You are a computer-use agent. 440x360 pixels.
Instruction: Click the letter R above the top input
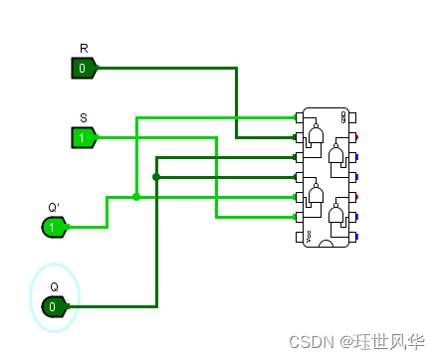[84, 49]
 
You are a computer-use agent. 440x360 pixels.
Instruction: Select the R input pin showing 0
[83, 68]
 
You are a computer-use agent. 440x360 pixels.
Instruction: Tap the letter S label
[84, 117]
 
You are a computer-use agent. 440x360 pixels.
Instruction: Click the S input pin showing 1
[83, 136]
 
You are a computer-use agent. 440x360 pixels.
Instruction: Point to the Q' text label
[54, 208]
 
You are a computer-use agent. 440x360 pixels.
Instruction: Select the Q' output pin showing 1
[54, 227]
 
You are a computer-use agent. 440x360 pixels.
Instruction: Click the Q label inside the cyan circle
[54, 286]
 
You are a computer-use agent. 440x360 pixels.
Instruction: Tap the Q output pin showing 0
[54, 306]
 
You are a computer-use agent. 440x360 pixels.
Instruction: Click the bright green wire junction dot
[136, 197]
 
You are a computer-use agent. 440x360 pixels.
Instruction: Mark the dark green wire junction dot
[156, 177]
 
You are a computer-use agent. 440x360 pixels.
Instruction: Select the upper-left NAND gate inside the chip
[317, 135]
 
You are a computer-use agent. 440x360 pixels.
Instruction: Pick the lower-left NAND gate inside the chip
[317, 195]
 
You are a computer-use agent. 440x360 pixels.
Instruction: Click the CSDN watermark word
[310, 341]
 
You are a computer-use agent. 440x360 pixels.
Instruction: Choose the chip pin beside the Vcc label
[298, 237]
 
